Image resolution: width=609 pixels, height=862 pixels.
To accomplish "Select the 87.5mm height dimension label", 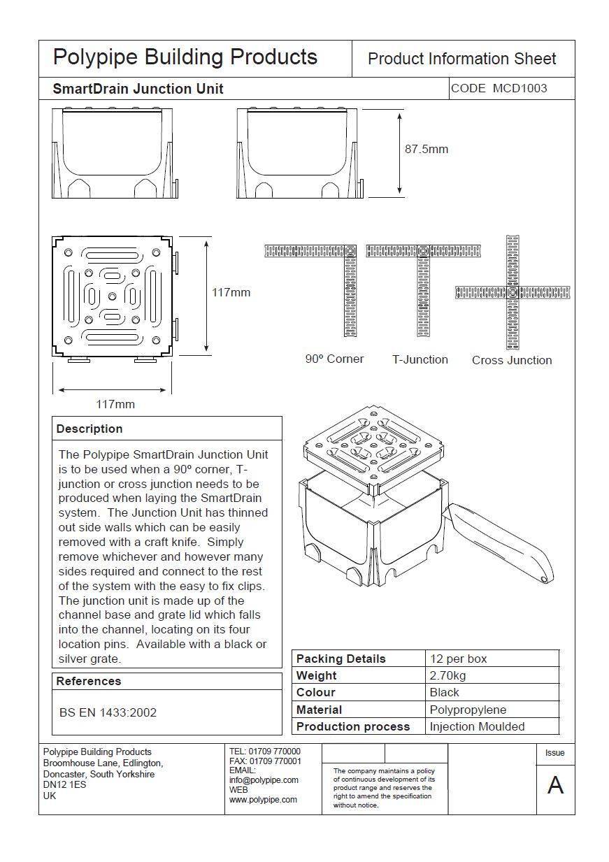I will click(426, 149).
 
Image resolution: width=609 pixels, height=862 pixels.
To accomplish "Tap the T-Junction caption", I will click(420, 359).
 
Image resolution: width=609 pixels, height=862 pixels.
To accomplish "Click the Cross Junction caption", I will click(511, 360).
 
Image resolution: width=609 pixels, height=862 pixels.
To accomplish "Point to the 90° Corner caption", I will click(334, 359).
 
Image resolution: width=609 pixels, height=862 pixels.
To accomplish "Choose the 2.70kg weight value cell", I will click(447, 675).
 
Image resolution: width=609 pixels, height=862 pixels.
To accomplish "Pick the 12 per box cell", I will click(458, 659).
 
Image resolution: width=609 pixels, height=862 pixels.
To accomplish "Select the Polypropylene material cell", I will click(468, 710).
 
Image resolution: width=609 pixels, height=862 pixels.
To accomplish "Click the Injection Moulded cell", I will click(477, 726).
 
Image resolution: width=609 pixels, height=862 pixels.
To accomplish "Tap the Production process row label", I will click(352, 726).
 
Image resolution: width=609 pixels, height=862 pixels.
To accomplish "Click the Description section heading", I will click(89, 429).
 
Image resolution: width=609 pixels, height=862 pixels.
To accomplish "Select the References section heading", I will click(89, 681).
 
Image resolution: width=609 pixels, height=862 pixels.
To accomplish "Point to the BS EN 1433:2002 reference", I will click(108, 712).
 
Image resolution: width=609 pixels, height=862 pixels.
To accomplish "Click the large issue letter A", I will click(555, 785).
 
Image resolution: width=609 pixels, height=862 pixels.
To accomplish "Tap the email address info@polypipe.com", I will click(264, 780).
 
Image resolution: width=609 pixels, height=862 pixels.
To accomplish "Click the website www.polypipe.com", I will click(263, 799).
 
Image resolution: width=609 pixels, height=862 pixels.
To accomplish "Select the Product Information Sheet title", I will click(461, 59).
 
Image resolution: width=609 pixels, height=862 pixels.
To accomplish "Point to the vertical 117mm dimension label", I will click(231, 292).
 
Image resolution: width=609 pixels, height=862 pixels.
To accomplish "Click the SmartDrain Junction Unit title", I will click(138, 89).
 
